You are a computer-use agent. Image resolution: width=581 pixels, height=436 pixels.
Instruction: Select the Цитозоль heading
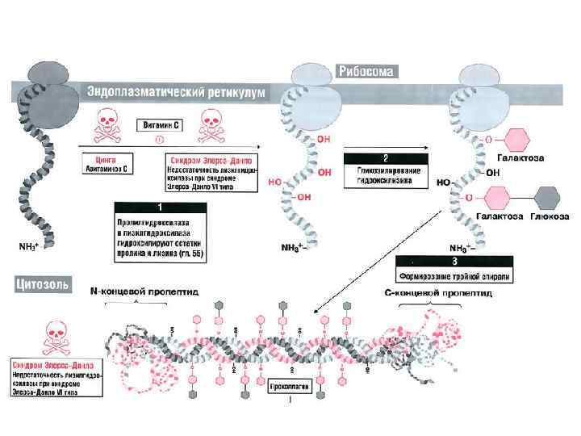(x=40, y=284)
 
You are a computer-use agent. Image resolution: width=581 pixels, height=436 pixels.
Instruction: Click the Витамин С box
(x=158, y=125)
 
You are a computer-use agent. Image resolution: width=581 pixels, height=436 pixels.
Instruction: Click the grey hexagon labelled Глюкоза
(x=548, y=197)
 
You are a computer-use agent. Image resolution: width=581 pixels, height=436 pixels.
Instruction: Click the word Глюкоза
(x=548, y=216)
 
